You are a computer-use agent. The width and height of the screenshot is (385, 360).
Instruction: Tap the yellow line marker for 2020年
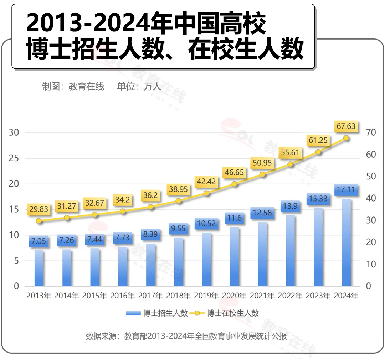point(234,184)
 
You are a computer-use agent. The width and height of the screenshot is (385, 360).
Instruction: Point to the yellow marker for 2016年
point(123,211)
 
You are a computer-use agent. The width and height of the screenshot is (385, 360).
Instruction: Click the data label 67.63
point(346,126)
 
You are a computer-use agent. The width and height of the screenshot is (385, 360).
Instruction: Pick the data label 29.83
point(39,209)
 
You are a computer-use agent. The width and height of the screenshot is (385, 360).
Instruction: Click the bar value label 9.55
point(178,229)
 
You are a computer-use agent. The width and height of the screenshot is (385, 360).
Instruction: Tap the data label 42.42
point(206,182)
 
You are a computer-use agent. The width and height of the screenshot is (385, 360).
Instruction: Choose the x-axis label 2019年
point(206,296)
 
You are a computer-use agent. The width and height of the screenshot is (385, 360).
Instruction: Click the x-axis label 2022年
point(290,296)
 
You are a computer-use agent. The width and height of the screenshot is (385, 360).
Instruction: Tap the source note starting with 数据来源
point(186,336)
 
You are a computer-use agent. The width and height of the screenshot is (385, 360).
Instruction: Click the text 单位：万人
point(139,87)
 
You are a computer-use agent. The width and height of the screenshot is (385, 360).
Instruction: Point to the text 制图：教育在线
point(73,87)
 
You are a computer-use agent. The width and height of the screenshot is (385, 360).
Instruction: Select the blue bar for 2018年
point(178,262)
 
